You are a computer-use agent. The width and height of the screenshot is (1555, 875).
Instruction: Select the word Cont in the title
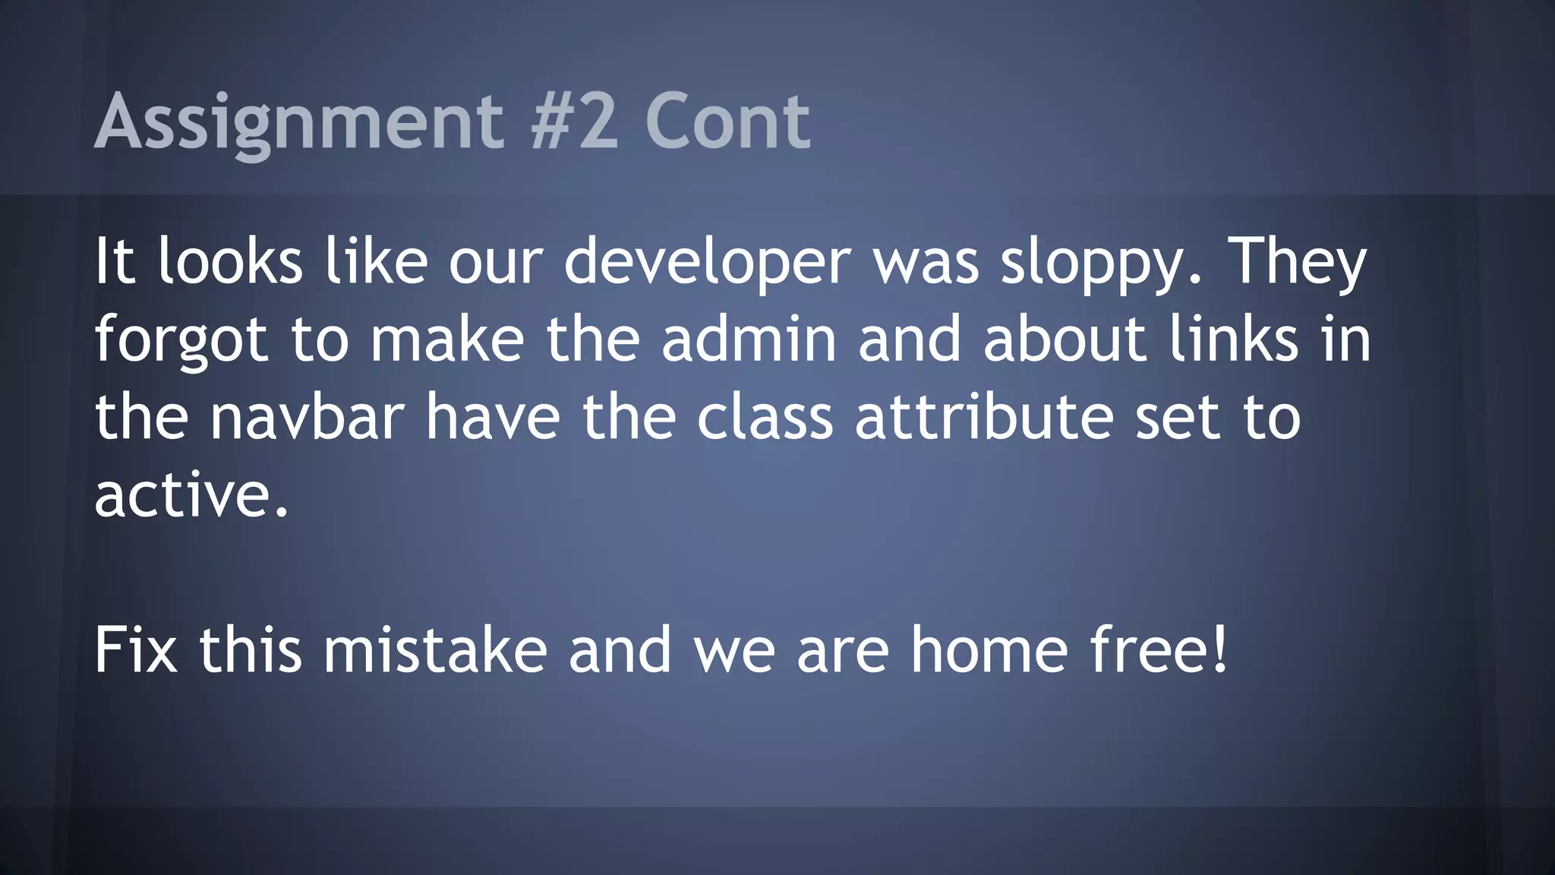[727, 122]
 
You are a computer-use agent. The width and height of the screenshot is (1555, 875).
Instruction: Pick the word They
[1298, 262]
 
